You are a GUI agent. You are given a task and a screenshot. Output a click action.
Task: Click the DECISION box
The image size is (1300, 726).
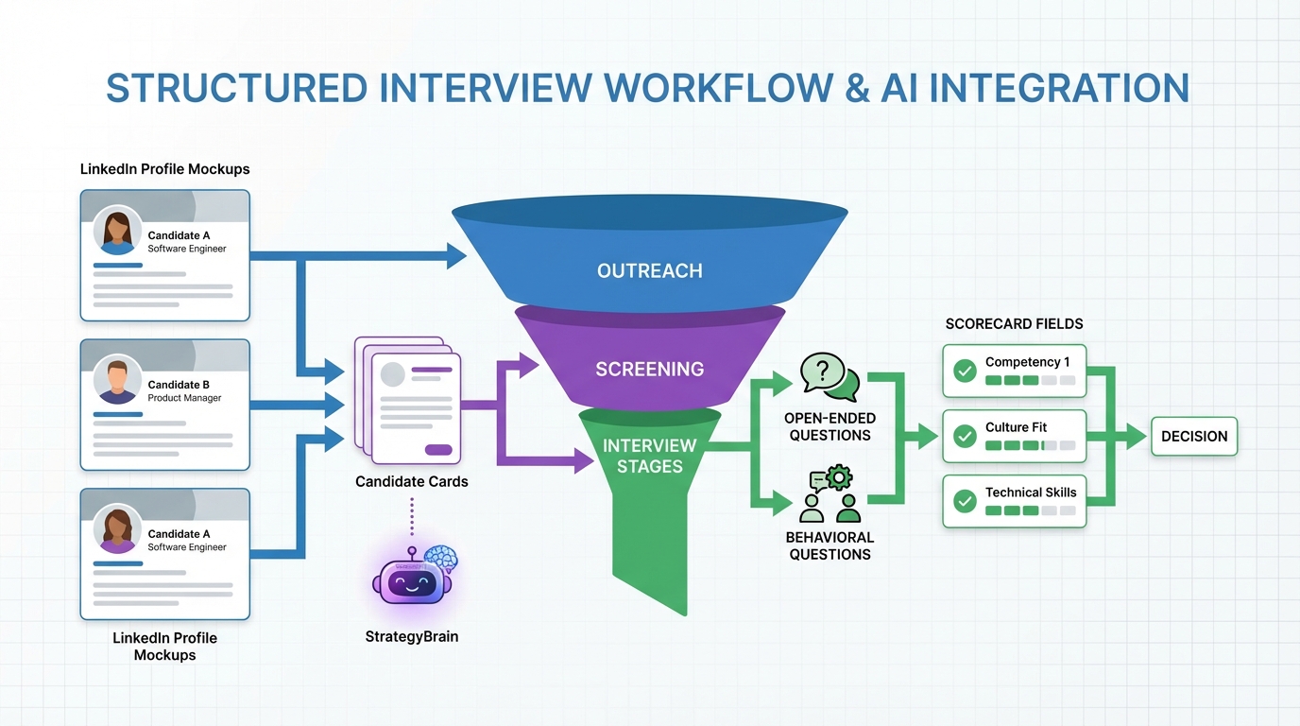click(x=1193, y=437)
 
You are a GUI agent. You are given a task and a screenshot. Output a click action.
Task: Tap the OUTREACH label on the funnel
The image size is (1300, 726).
click(x=649, y=271)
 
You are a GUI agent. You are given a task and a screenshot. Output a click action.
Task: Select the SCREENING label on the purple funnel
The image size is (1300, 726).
click(x=649, y=369)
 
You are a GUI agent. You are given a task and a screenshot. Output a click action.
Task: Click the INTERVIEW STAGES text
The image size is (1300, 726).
click(x=649, y=456)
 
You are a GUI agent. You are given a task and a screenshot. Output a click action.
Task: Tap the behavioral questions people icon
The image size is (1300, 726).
click(x=829, y=495)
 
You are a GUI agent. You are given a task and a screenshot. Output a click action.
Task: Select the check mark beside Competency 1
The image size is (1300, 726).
click(x=965, y=371)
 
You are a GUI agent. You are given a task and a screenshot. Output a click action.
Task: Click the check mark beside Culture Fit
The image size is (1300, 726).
click(x=965, y=436)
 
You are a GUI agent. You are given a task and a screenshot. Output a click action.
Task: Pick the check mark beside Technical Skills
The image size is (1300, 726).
click(x=965, y=501)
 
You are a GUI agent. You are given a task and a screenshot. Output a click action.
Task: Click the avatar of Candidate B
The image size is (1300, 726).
click(x=117, y=380)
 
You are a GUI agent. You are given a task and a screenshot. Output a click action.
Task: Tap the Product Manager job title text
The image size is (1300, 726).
click(x=184, y=398)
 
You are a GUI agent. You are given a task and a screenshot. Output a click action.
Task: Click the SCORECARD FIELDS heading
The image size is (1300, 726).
click(x=1014, y=324)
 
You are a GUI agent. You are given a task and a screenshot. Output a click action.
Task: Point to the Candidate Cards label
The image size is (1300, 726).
click(x=411, y=482)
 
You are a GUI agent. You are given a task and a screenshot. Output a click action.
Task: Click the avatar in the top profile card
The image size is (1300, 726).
click(x=117, y=231)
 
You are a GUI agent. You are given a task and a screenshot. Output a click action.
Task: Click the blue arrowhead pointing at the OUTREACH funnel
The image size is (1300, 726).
click(x=457, y=255)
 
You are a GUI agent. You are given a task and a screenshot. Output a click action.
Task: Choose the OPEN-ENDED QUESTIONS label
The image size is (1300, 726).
click(x=830, y=427)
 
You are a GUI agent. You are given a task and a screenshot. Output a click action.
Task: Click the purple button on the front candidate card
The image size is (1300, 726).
click(x=437, y=450)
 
